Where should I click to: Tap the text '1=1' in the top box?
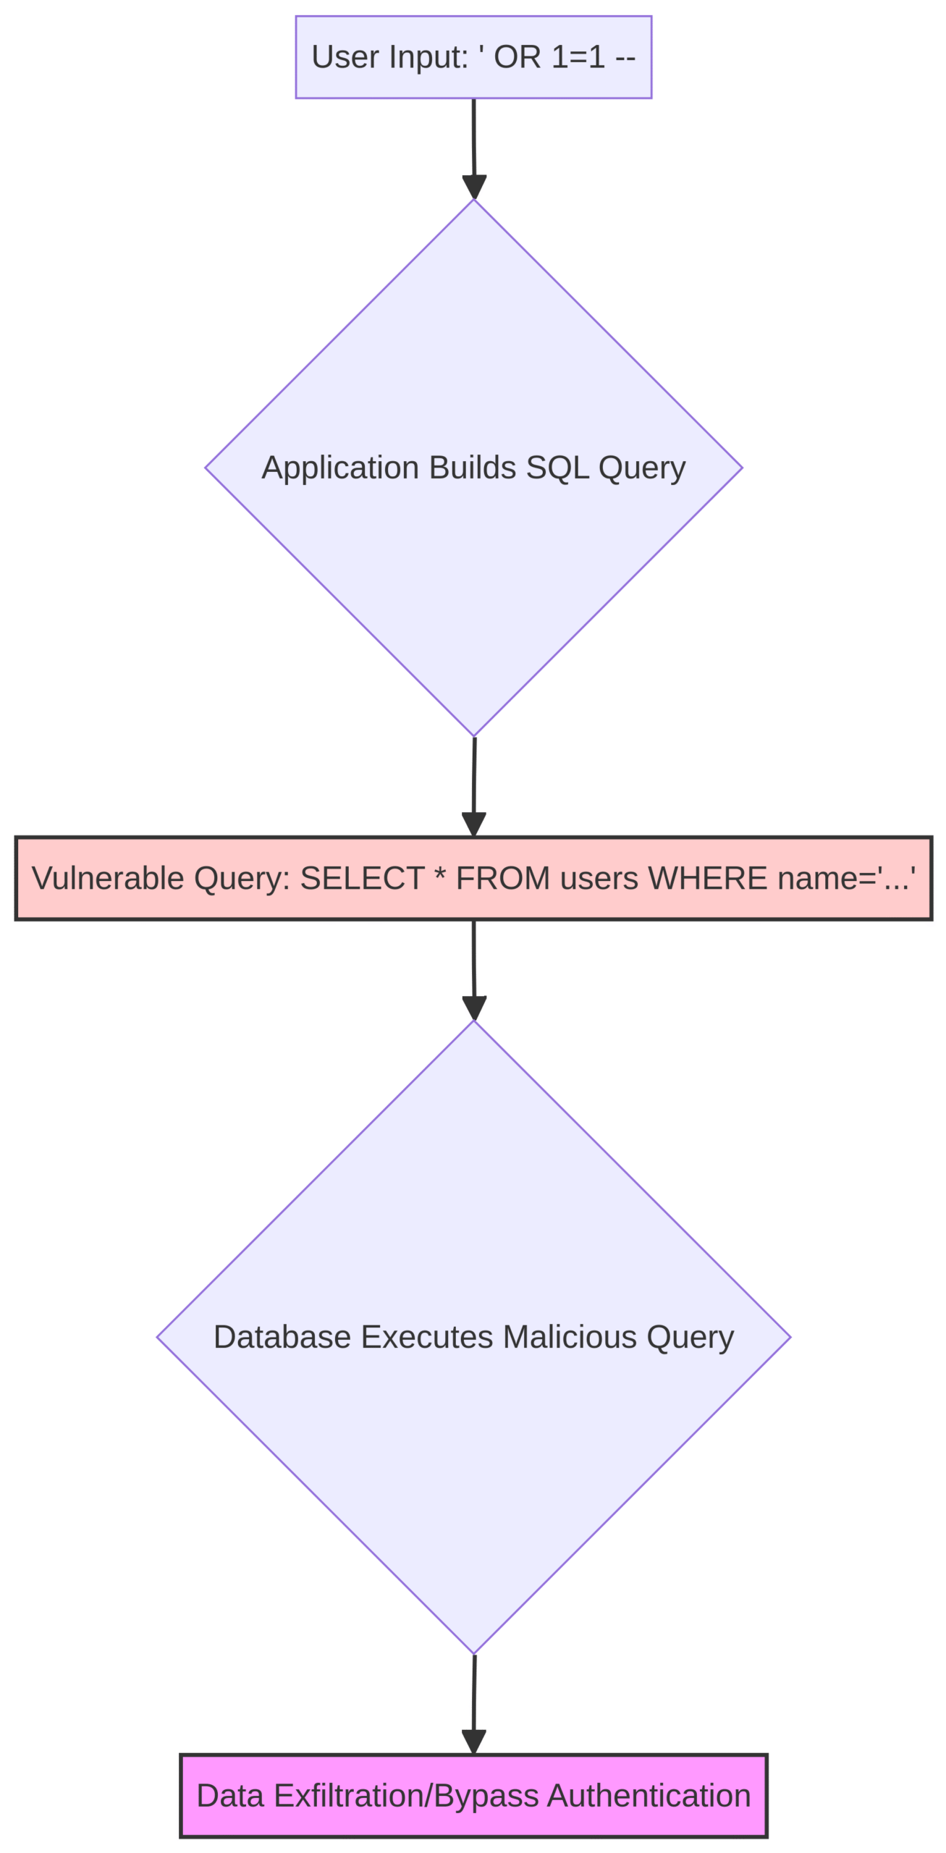pos(578,56)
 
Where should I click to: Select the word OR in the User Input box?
pos(517,56)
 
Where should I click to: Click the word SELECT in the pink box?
pos(362,879)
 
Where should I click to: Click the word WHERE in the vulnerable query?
pos(707,879)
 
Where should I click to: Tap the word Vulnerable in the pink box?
pos(98,879)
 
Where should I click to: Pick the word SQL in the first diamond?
pos(557,468)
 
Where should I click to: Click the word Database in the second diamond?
pos(282,1337)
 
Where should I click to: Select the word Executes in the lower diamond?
pos(427,1337)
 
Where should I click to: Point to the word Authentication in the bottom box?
pos(649,1797)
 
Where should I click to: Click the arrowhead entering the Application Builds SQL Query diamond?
pos(474,187)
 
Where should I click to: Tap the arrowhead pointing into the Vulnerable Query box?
pos(473,824)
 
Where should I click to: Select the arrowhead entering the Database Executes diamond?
pos(474,1008)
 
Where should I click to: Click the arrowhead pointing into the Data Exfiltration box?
pos(473,1742)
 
